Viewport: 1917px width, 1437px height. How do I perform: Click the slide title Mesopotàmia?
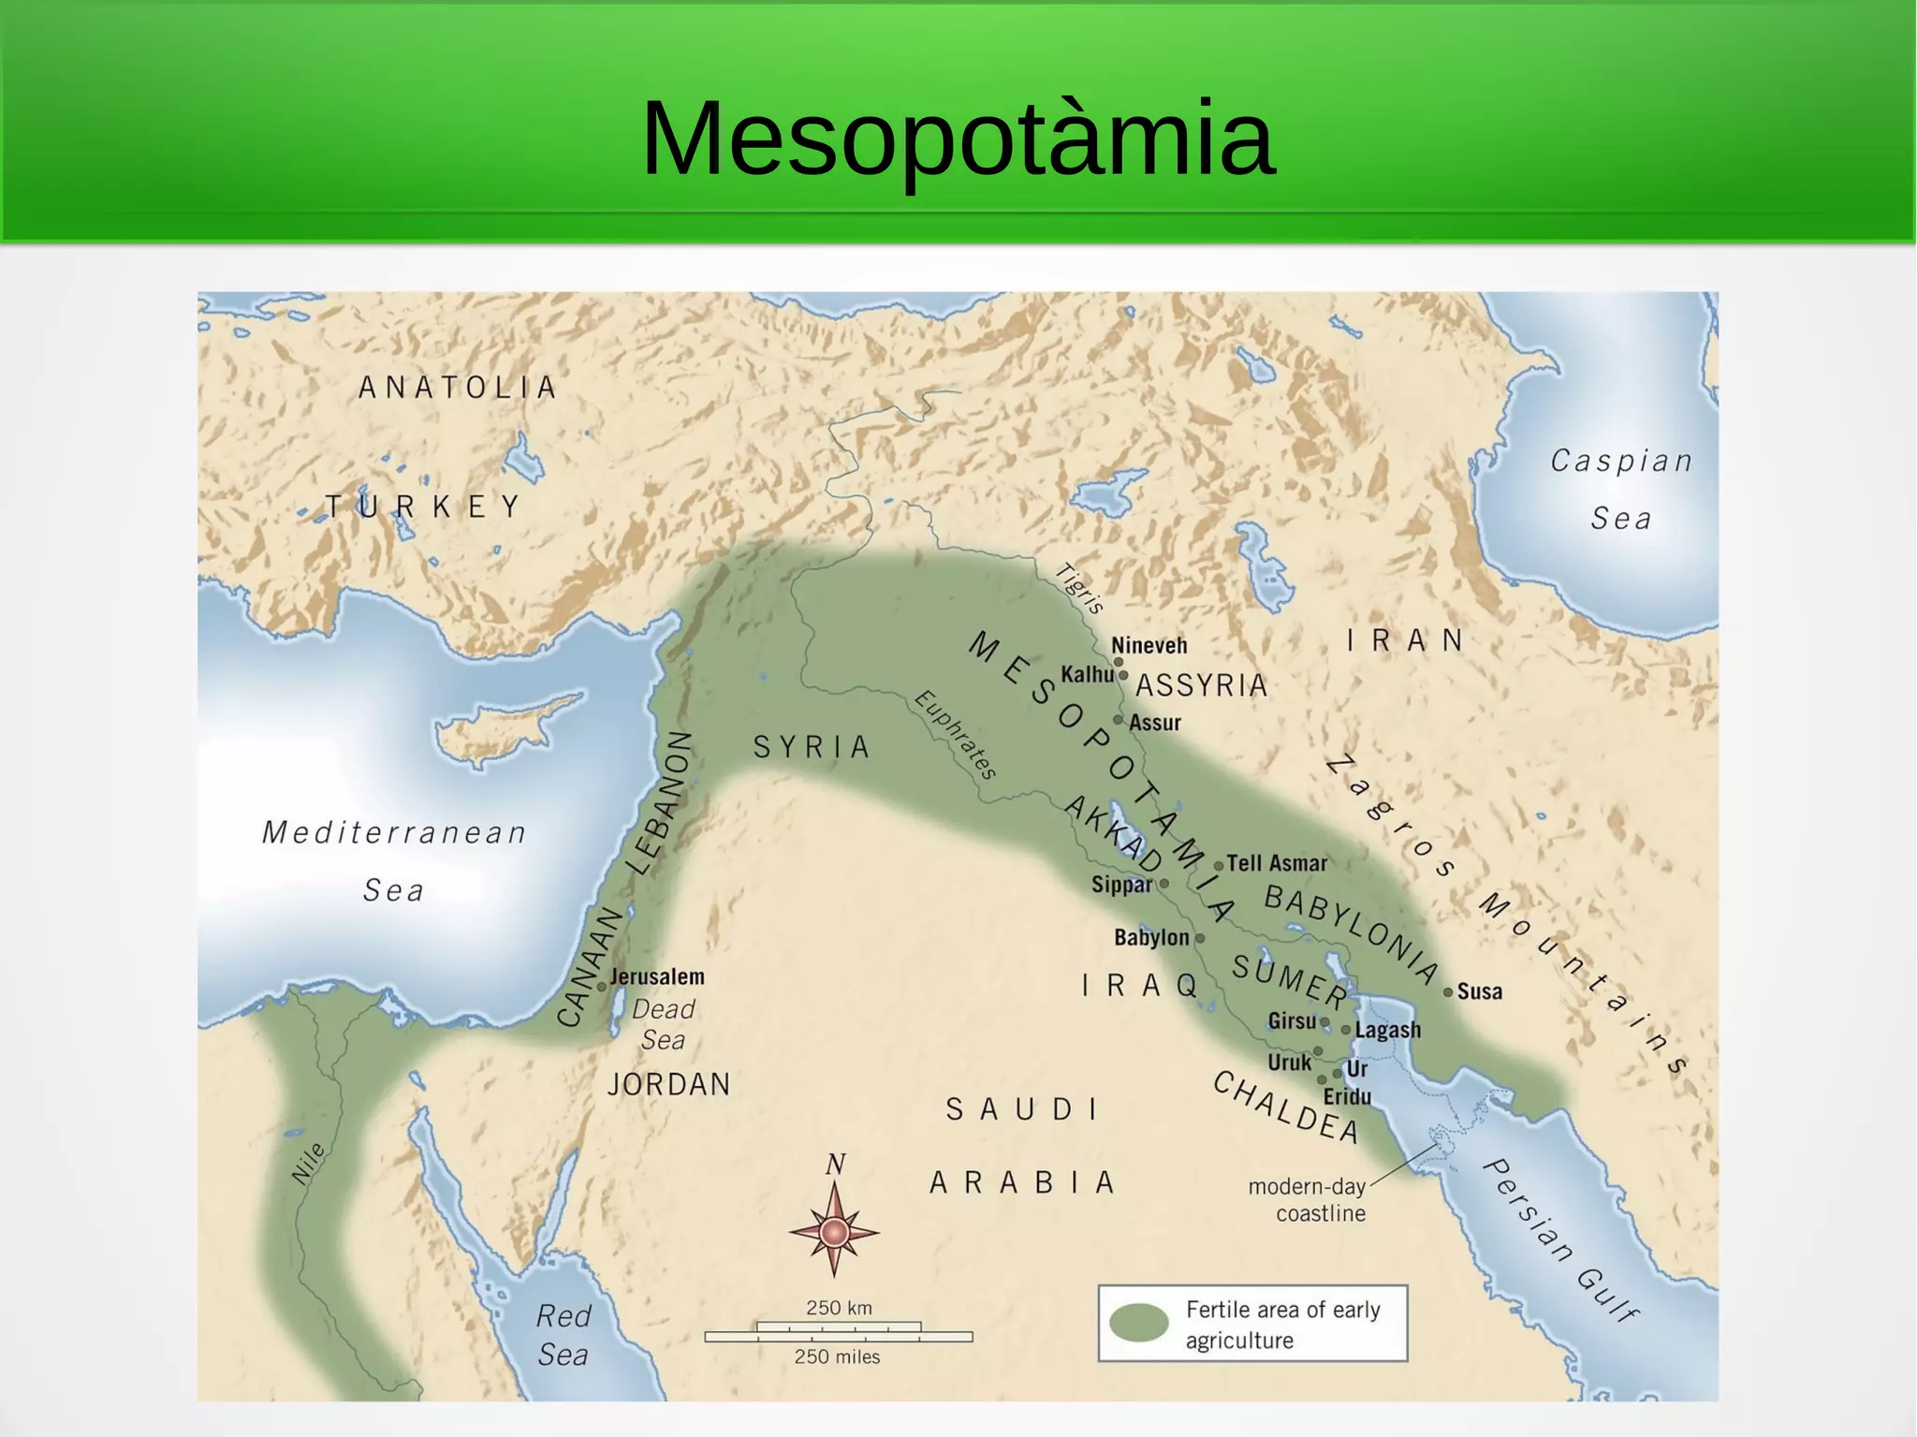[957, 139]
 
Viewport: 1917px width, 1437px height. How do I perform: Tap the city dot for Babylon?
[1200, 937]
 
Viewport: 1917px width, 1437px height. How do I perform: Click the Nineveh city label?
[1149, 645]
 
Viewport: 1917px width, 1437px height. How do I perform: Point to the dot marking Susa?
[1448, 991]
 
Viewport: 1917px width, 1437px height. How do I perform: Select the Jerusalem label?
[657, 976]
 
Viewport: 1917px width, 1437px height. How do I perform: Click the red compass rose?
[834, 1232]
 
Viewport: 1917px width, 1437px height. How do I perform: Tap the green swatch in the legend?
[1138, 1323]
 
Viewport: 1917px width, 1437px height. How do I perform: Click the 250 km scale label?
[839, 1308]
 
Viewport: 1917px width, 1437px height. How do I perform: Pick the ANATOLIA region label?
[458, 387]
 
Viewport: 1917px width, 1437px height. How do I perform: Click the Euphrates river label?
[956, 735]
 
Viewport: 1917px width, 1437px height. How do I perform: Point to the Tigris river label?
[1080, 588]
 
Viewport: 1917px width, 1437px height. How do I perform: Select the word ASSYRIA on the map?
[1202, 685]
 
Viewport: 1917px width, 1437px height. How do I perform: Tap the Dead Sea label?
[663, 1024]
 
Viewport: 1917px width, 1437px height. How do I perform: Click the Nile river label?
[308, 1164]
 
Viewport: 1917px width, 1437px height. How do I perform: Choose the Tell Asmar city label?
[1277, 863]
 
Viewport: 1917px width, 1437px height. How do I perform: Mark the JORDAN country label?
[668, 1084]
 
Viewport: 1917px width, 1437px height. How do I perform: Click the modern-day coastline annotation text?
[1309, 1199]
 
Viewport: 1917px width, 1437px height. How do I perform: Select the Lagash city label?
[1387, 1030]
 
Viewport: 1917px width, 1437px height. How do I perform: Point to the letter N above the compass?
[835, 1164]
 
